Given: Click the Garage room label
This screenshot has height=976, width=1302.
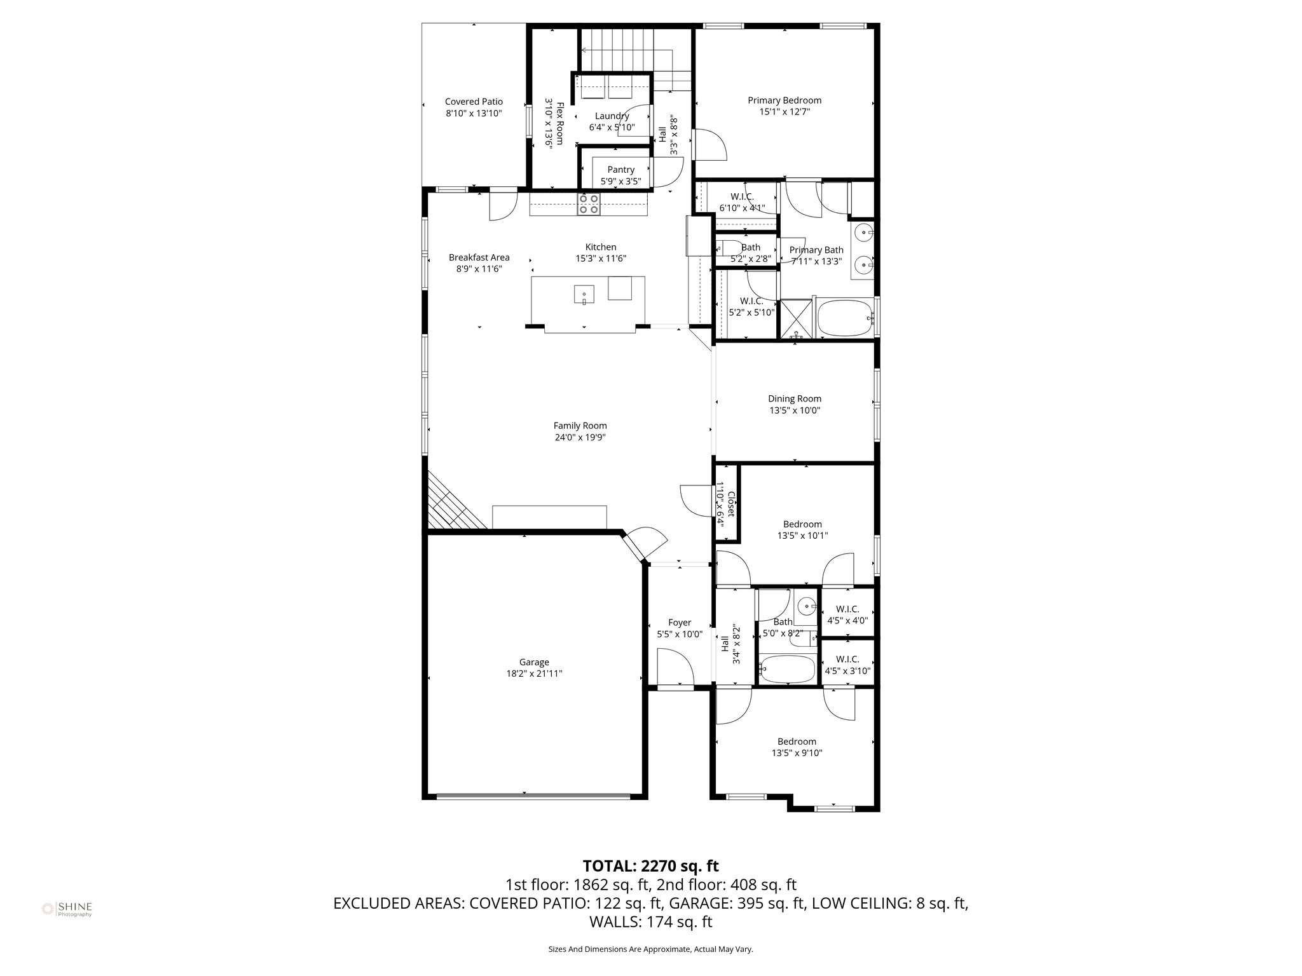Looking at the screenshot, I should click(533, 662).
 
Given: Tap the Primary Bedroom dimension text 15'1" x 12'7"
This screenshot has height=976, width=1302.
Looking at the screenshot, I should click(785, 112).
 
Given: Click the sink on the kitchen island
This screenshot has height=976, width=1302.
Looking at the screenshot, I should click(584, 295).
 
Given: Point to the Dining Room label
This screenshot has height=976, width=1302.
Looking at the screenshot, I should click(794, 399).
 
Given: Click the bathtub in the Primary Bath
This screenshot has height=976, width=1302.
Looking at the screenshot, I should click(844, 319).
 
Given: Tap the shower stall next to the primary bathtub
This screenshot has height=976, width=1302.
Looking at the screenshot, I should click(796, 319).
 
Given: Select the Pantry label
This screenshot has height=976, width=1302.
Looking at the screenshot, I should click(620, 170).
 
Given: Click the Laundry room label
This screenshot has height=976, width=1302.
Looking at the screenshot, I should click(612, 116).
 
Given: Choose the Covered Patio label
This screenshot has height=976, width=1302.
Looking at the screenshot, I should click(474, 102).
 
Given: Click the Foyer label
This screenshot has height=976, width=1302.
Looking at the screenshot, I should click(679, 623).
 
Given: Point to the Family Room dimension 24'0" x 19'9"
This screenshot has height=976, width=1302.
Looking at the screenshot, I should click(580, 437).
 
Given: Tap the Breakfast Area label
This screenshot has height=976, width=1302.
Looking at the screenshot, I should click(479, 257).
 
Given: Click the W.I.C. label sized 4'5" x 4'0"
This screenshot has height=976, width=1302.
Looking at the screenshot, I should click(847, 609).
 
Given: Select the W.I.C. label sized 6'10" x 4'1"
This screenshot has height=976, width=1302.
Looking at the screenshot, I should click(741, 197).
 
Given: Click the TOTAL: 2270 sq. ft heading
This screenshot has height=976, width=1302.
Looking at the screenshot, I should click(650, 865).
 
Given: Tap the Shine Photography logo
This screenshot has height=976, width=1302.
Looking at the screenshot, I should click(67, 909).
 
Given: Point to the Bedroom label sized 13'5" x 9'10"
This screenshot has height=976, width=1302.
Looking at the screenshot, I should click(797, 742).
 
